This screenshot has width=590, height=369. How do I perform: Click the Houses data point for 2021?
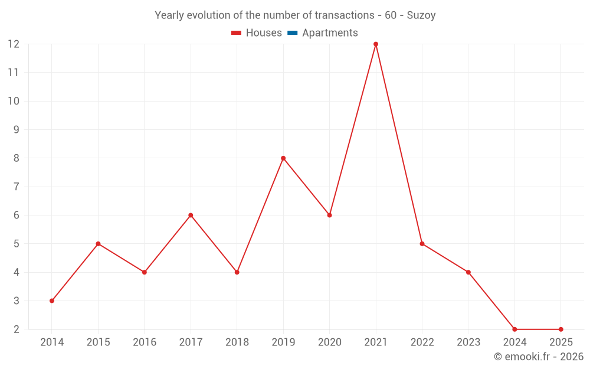376,44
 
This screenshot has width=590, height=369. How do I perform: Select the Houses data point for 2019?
283,158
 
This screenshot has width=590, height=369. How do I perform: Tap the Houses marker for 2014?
52,301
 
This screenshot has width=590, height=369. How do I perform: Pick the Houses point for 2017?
191,215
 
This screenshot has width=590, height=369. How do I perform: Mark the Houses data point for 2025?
560,329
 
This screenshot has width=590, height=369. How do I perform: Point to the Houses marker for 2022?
422,244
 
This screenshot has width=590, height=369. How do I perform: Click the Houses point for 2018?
237,272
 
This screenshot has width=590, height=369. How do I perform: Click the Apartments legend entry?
330,33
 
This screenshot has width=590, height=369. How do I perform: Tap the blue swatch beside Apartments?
293,33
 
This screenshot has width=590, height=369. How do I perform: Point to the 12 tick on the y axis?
14,44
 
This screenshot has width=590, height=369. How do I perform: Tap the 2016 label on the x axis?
145,342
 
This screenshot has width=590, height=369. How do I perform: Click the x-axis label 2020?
329,342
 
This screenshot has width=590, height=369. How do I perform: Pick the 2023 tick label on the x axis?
468,342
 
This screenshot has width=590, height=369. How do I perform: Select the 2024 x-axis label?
514,342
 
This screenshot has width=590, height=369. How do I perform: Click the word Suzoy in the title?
421,15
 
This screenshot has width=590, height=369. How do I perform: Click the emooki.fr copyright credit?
539,357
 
